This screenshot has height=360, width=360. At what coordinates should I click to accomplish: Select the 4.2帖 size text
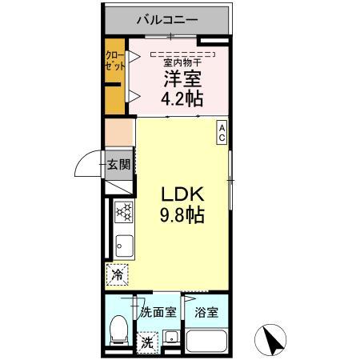click(x=183, y=99)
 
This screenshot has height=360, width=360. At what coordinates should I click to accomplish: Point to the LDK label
click(x=184, y=194)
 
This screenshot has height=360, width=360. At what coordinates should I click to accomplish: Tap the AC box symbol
click(x=222, y=132)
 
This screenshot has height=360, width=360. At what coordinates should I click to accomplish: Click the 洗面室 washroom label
click(x=158, y=313)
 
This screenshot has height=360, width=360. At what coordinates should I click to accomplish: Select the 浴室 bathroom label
click(x=207, y=313)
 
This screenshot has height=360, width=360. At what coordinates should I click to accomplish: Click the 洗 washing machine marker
click(x=148, y=341)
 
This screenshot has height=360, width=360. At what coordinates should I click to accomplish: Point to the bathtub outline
click(x=206, y=343)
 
